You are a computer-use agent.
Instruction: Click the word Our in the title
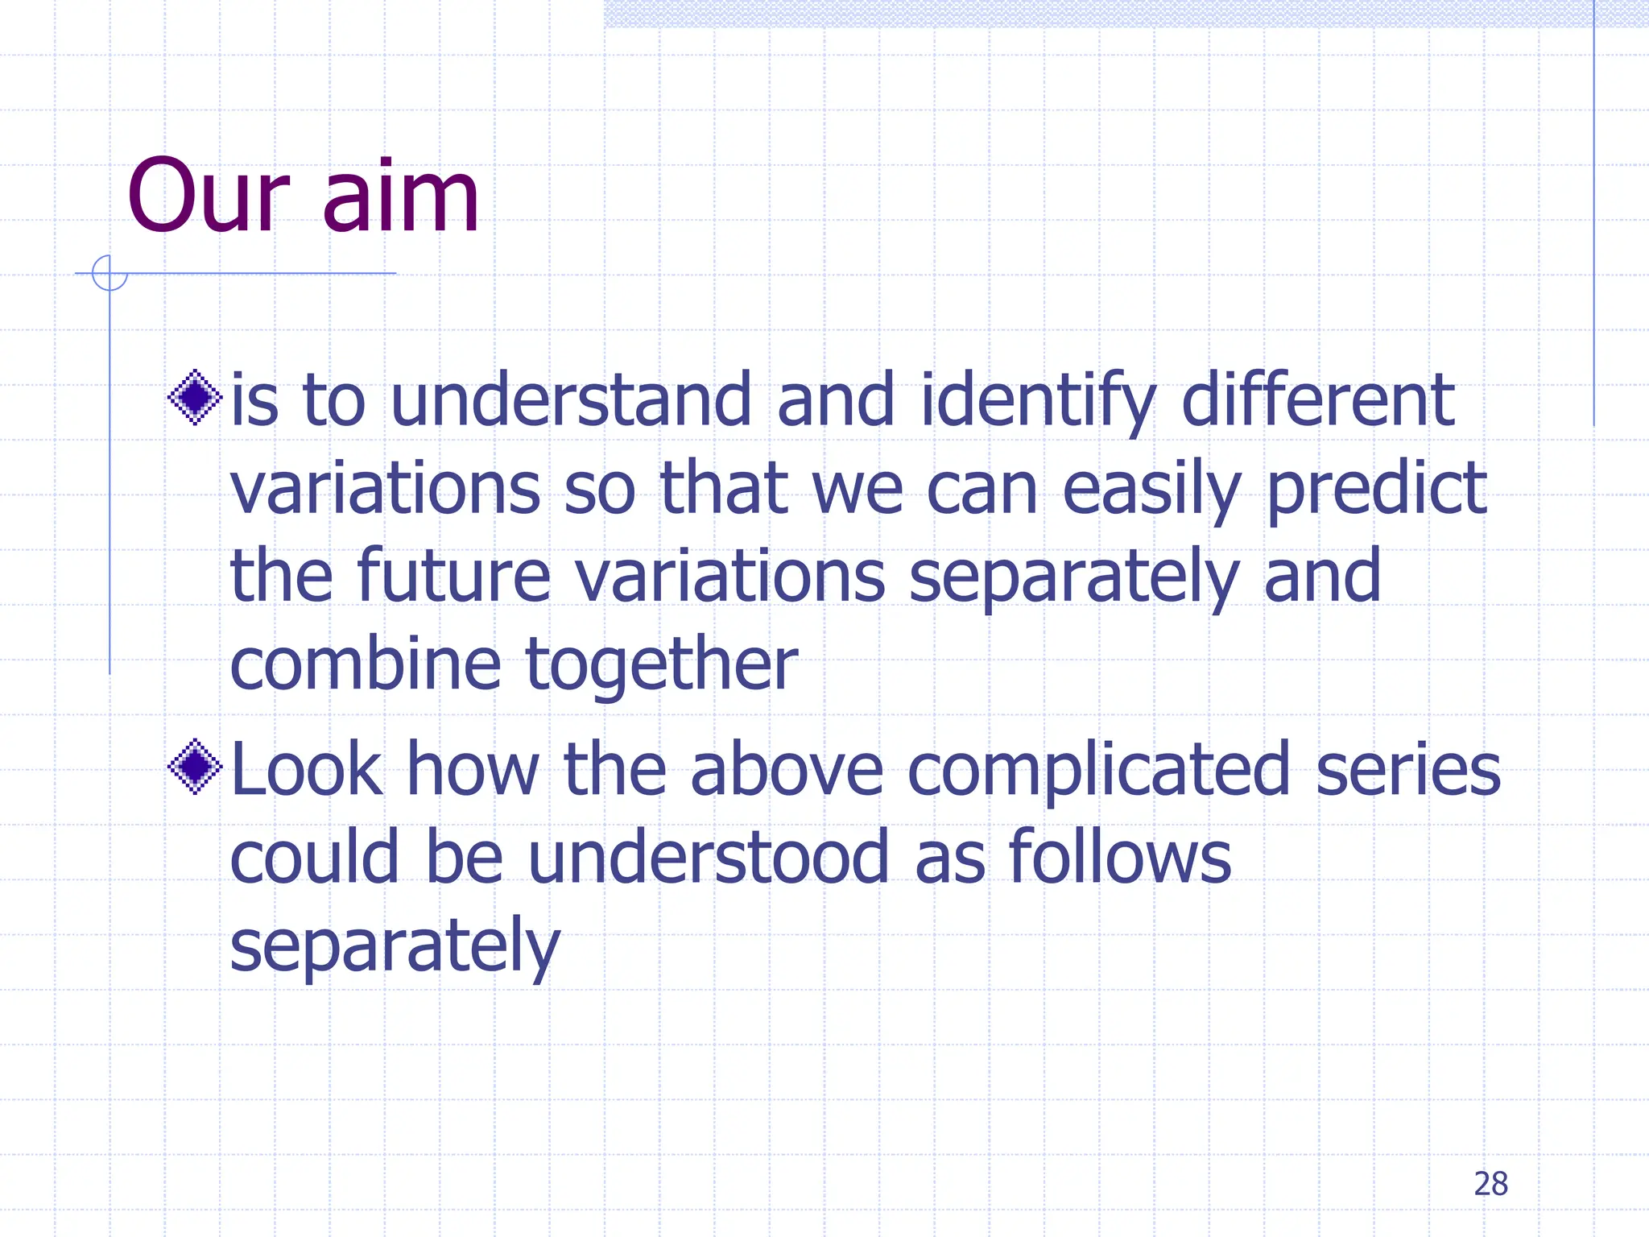208,197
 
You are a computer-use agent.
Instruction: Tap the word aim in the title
400,197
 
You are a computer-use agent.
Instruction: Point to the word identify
1038,403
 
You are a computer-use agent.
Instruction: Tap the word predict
1377,491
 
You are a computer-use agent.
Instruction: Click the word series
1408,771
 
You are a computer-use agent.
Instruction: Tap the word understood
709,858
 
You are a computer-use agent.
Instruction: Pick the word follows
1120,858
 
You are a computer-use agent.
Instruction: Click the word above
787,771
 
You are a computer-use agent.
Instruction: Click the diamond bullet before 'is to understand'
195,397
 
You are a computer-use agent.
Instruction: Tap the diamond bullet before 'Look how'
195,767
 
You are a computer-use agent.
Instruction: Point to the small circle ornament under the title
110,273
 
